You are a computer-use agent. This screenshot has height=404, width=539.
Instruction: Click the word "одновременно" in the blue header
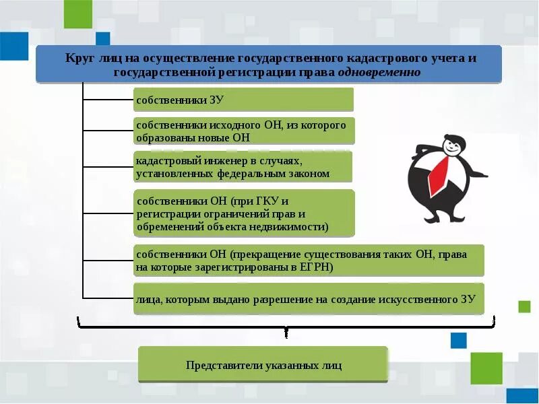tap(379, 72)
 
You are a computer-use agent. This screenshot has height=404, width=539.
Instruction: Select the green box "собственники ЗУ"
tap(243, 100)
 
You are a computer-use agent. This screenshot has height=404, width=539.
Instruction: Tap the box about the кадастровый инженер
tap(243, 167)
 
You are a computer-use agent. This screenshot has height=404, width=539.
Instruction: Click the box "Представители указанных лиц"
tap(263, 366)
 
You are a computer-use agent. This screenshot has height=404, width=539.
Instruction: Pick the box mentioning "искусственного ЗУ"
tap(309, 299)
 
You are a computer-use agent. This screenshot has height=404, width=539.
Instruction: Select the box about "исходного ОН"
tap(243, 131)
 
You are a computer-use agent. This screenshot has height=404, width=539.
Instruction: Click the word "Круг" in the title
tap(77, 59)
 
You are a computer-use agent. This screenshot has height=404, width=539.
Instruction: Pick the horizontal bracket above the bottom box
tap(287, 326)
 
